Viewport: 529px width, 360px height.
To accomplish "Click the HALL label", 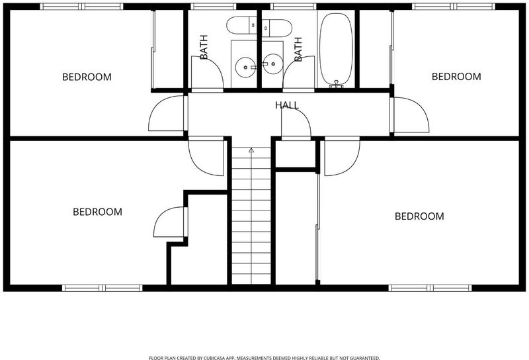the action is tap(287, 105).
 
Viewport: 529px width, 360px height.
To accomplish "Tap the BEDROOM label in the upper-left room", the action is tap(87, 77).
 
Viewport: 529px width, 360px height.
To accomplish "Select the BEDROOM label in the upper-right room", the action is tap(456, 77).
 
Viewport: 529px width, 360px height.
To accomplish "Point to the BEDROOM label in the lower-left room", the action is tap(97, 212).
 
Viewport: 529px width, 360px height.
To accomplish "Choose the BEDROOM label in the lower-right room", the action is tap(419, 216).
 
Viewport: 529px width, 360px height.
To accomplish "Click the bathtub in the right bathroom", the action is tap(336, 49).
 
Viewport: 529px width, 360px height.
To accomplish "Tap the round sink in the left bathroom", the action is tap(245, 67).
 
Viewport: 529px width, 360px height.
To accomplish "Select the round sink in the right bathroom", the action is tap(273, 64).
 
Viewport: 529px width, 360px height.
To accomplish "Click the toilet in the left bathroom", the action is tap(241, 26).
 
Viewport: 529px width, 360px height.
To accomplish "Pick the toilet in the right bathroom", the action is tap(276, 28).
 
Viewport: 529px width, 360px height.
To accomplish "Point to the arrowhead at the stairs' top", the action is tap(251, 150).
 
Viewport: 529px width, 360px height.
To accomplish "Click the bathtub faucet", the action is tap(336, 84).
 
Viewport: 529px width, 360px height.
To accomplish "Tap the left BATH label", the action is tap(204, 47).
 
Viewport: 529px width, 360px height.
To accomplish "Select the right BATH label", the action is tap(298, 50).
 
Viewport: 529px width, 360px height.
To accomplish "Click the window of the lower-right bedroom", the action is tap(430, 288).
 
